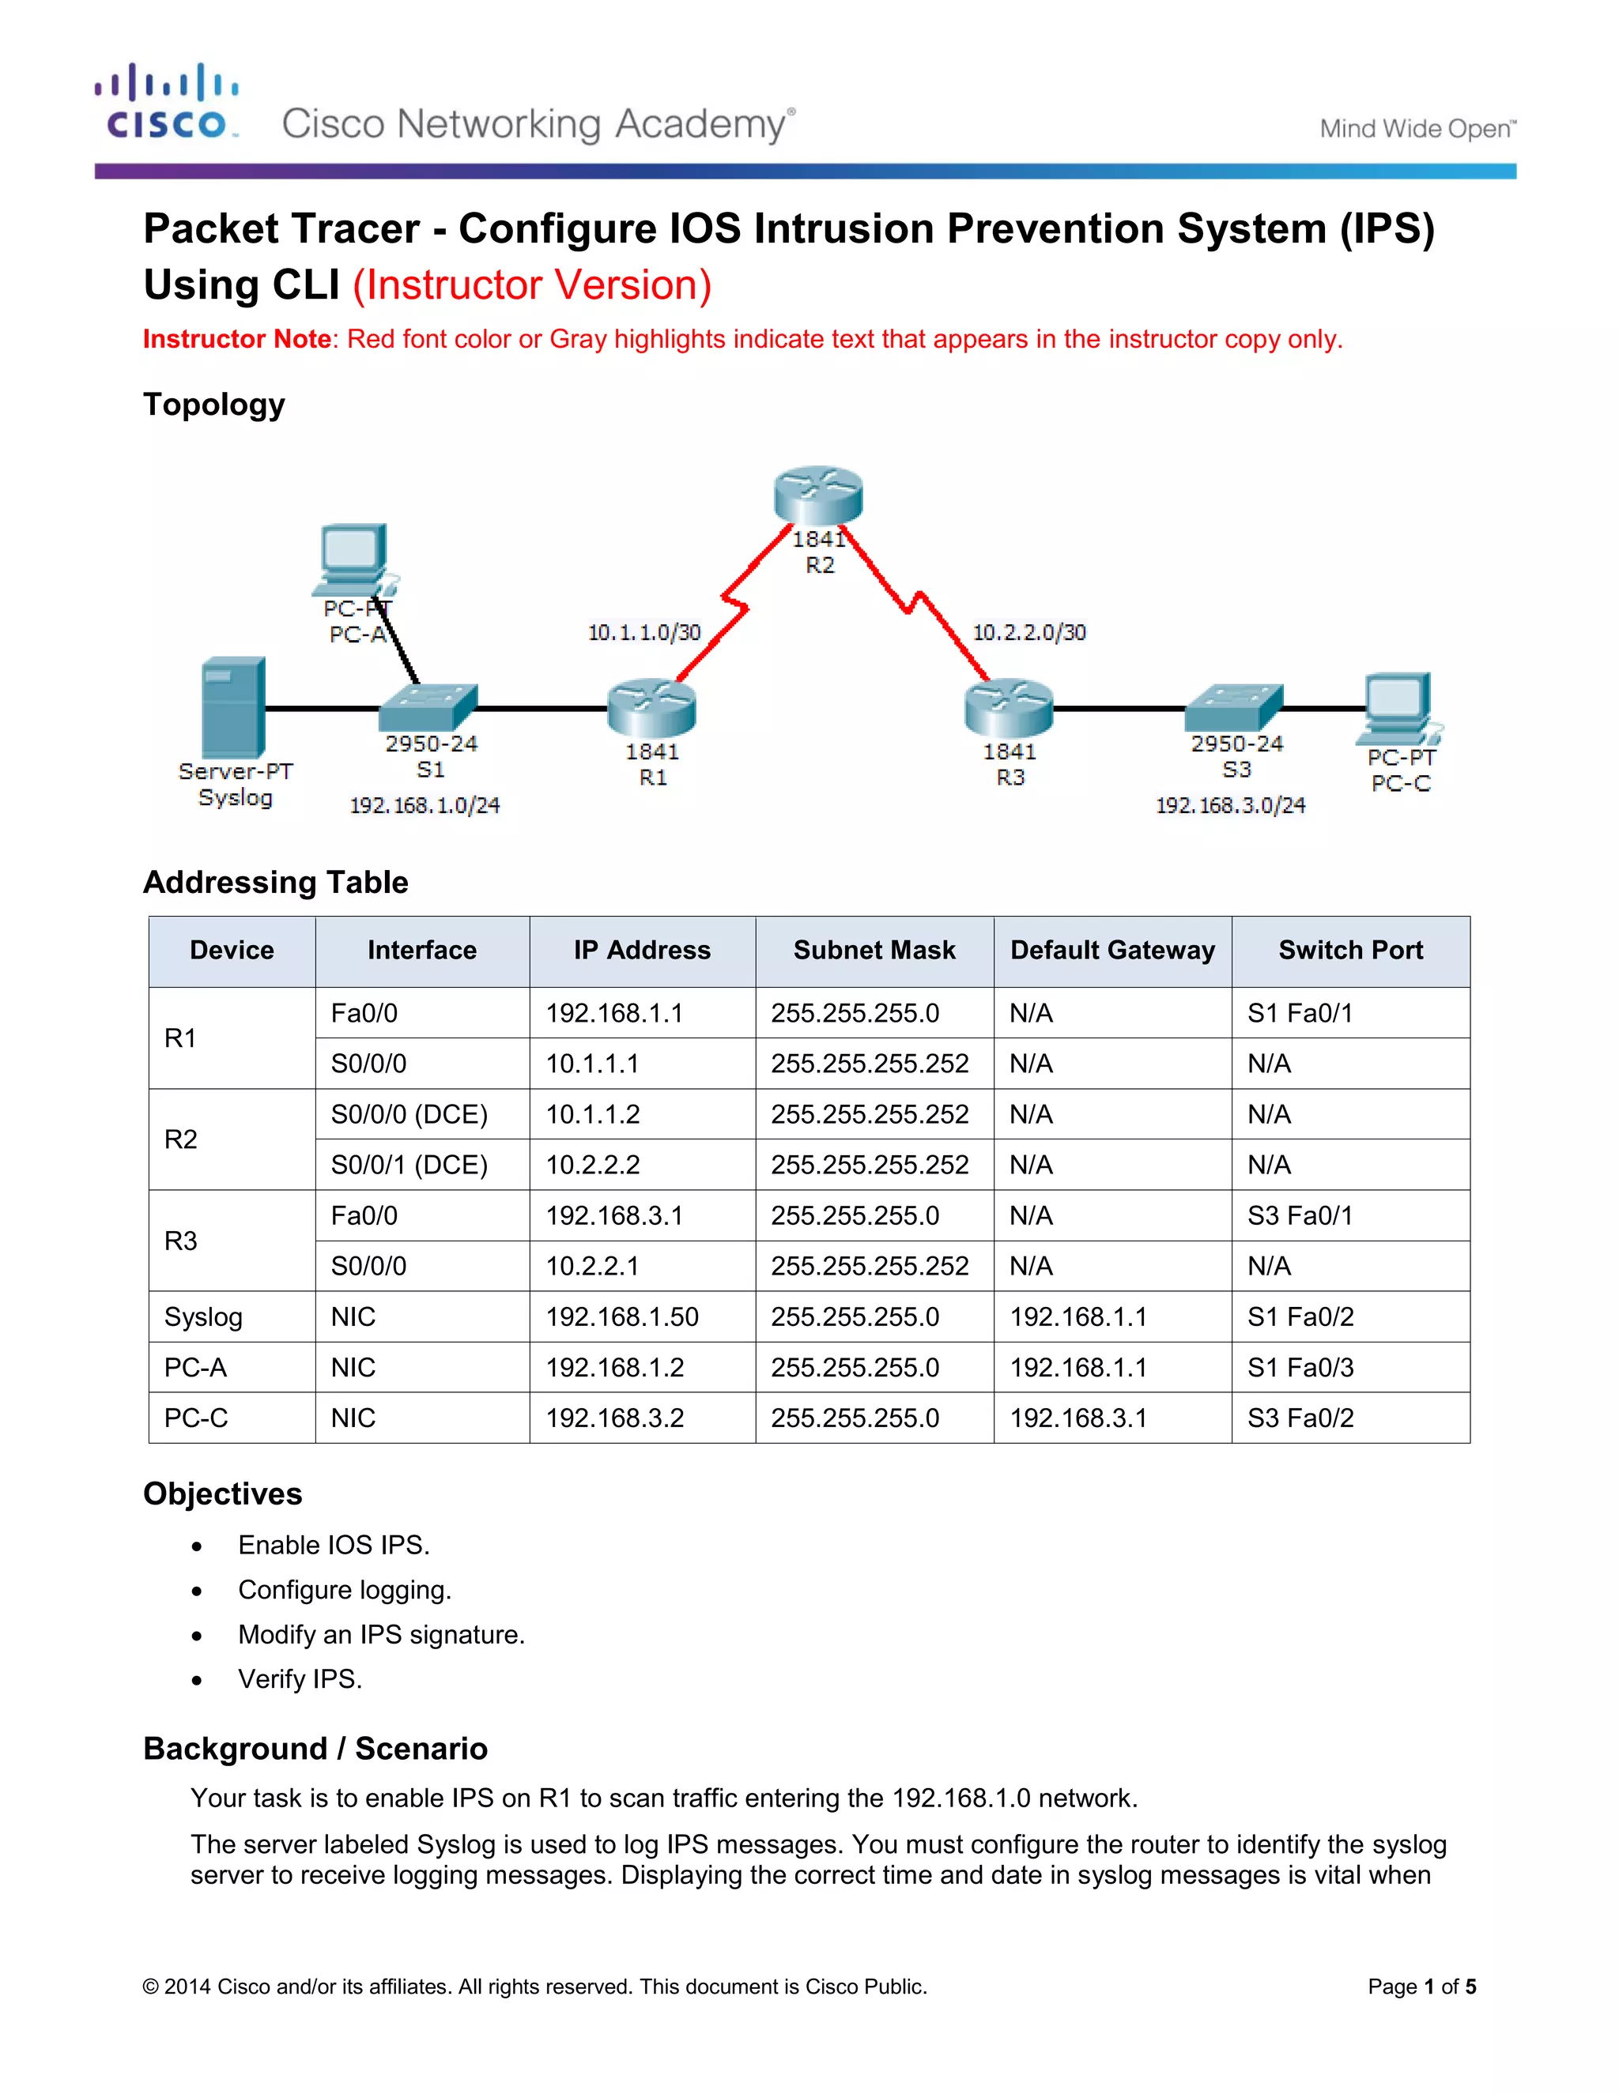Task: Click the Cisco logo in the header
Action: click(x=167, y=103)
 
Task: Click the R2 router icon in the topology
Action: click(x=818, y=495)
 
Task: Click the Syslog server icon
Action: click(x=233, y=707)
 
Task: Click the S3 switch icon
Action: click(x=1233, y=707)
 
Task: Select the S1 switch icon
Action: click(x=428, y=707)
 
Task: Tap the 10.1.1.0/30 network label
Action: click(x=643, y=633)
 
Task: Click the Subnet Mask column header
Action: click(x=874, y=950)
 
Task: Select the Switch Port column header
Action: click(x=1349, y=950)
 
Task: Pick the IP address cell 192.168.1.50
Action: click(x=621, y=1316)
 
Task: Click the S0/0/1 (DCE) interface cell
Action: click(x=409, y=1165)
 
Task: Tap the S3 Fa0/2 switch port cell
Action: click(x=1300, y=1418)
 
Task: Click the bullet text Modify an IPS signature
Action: click(x=381, y=1635)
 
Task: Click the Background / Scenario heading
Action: click(x=315, y=1749)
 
